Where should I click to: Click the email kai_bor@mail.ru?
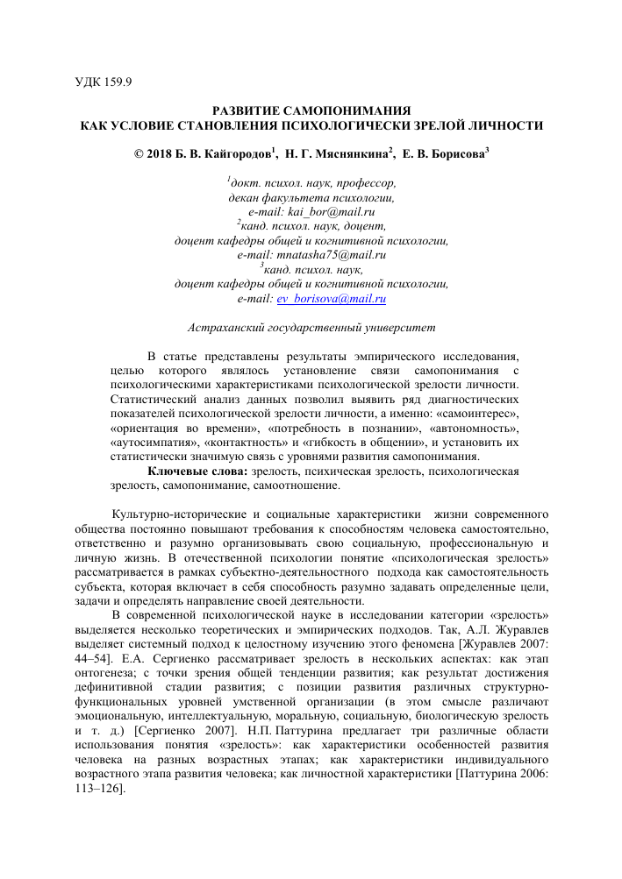point(325,212)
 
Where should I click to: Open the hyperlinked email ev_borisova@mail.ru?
point(332,298)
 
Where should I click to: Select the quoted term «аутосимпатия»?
point(152,442)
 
